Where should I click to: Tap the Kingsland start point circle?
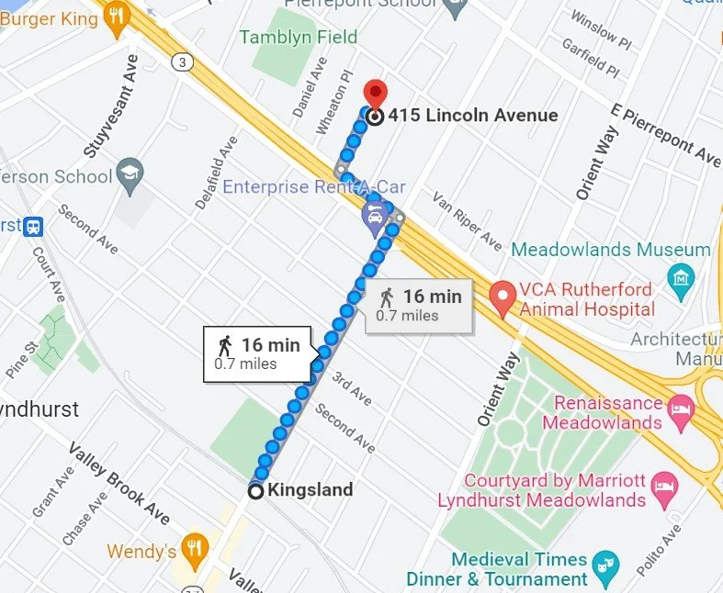(256, 491)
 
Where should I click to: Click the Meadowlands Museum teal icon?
(681, 274)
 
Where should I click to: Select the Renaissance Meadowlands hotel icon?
(681, 413)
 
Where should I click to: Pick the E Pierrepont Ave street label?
(667, 136)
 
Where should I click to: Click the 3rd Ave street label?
(352, 389)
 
